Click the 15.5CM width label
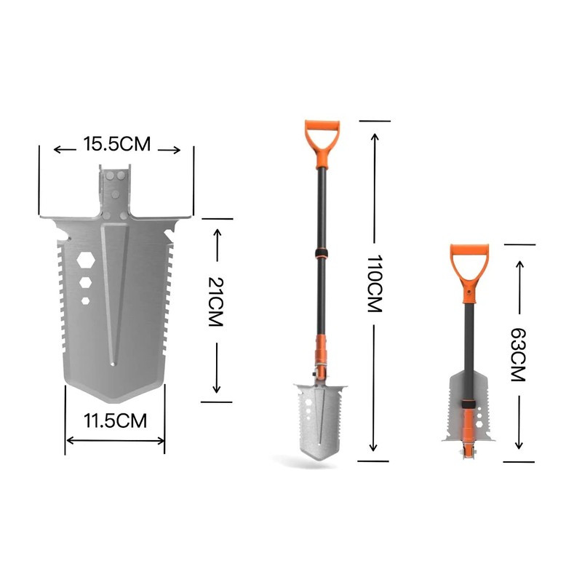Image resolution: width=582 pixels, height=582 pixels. point(116,144)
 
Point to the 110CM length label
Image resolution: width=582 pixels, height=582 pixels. point(374,284)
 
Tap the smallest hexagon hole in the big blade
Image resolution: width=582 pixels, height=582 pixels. point(85,300)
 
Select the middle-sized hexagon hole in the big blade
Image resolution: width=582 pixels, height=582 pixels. point(85,282)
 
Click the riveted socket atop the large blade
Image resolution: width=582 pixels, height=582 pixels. point(114,193)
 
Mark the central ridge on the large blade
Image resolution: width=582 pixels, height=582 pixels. point(115,291)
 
